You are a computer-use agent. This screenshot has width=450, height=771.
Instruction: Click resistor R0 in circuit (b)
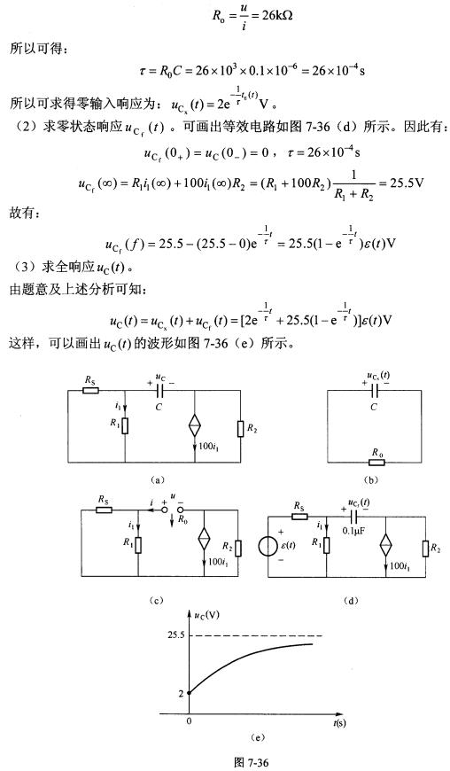pyautogui.click(x=376, y=463)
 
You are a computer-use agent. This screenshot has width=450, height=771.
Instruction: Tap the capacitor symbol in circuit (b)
pyautogui.click(x=375, y=391)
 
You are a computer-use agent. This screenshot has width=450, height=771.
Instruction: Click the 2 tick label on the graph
pyautogui.click(x=181, y=694)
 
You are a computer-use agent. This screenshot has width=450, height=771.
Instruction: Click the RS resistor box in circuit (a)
pyautogui.click(x=90, y=391)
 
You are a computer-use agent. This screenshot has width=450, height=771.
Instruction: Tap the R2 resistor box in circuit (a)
pyautogui.click(x=240, y=428)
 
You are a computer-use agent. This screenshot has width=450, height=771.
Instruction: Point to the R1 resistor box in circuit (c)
pyautogui.click(x=138, y=545)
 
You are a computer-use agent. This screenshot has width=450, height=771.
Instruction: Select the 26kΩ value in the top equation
pyautogui.click(x=277, y=15)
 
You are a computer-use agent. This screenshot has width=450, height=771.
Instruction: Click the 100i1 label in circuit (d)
pyautogui.click(x=398, y=566)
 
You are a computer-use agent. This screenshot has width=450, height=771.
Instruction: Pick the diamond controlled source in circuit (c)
pyautogui.click(x=204, y=541)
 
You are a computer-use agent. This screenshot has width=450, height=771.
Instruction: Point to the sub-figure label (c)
pyautogui.click(x=156, y=600)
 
